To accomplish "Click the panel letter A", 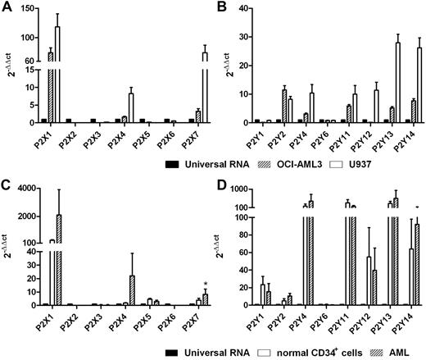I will click(x=7, y=9).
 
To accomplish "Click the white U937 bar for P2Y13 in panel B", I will click(x=398, y=82).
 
